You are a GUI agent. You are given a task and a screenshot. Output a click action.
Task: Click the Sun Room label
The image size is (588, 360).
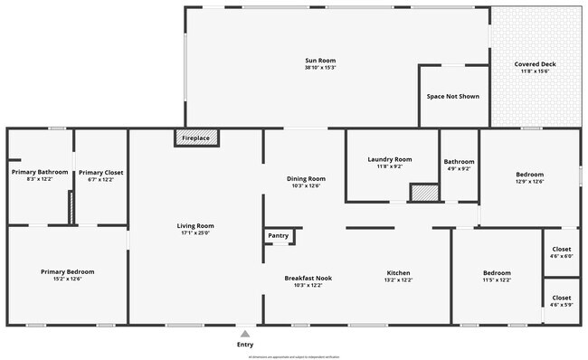pyautogui.click(x=319, y=62)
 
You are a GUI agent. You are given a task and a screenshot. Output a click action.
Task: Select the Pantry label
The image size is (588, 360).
pyautogui.click(x=279, y=236)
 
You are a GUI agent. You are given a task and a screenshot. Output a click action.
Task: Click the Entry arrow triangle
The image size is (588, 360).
pyautogui.click(x=245, y=334)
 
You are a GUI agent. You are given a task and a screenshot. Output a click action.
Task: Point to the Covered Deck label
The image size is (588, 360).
pyautogui.click(x=535, y=64)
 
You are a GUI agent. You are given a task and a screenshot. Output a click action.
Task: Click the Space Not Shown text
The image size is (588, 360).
pyautogui.click(x=452, y=96)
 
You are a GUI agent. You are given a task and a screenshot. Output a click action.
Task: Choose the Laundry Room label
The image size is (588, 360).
pyautogui.click(x=390, y=160)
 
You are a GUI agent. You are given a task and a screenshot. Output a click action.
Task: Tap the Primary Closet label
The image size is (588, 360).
pyautogui.click(x=100, y=172)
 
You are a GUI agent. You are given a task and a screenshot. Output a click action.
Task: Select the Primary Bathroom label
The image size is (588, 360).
pyautogui.click(x=33, y=172)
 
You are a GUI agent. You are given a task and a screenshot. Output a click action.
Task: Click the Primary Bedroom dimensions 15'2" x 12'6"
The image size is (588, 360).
pyautogui.click(x=67, y=279)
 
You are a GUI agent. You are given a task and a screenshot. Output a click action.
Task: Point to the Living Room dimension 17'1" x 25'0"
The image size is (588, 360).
pyautogui.click(x=194, y=232)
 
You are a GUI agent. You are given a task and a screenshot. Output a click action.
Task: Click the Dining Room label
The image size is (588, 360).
pyautogui.click(x=306, y=179)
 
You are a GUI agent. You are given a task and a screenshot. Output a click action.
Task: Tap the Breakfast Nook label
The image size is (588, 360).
pyautogui.click(x=308, y=278)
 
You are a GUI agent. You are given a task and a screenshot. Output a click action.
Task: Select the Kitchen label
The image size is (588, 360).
pyautogui.click(x=399, y=273)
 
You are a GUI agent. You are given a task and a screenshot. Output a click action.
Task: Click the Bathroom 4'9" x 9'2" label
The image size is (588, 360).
pyautogui.click(x=458, y=164)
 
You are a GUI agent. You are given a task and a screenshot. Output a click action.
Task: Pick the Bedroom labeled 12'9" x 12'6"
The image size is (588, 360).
pyautogui.click(x=529, y=175)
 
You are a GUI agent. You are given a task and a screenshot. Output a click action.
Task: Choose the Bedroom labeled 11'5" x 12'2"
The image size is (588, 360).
pyautogui.click(x=497, y=273)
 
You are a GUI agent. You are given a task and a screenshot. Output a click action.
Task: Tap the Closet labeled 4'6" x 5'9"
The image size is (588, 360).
pyautogui.click(x=561, y=298)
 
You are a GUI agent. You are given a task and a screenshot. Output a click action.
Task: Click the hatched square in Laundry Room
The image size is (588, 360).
pyautogui.click(x=422, y=193)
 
